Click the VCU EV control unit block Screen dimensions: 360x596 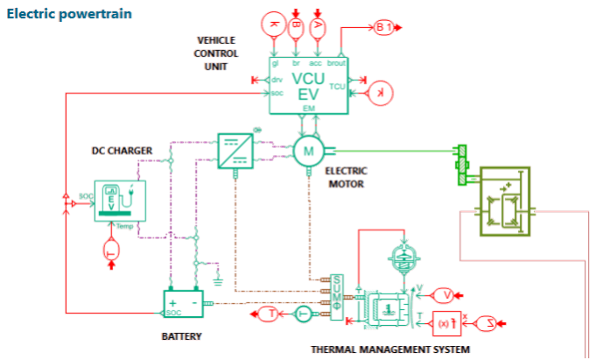tap(307, 84)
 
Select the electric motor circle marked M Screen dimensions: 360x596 tap(307, 151)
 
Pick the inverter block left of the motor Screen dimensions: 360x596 tap(235, 150)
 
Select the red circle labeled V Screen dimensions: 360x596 tap(444, 294)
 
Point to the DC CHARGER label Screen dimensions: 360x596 tap(123, 150)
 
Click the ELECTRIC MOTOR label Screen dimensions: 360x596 tap(346, 177)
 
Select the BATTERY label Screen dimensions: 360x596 tap(182, 336)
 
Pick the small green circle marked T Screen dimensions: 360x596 tap(302, 314)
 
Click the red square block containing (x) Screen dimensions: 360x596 tap(445, 324)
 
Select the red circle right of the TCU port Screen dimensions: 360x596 tap(379, 91)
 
